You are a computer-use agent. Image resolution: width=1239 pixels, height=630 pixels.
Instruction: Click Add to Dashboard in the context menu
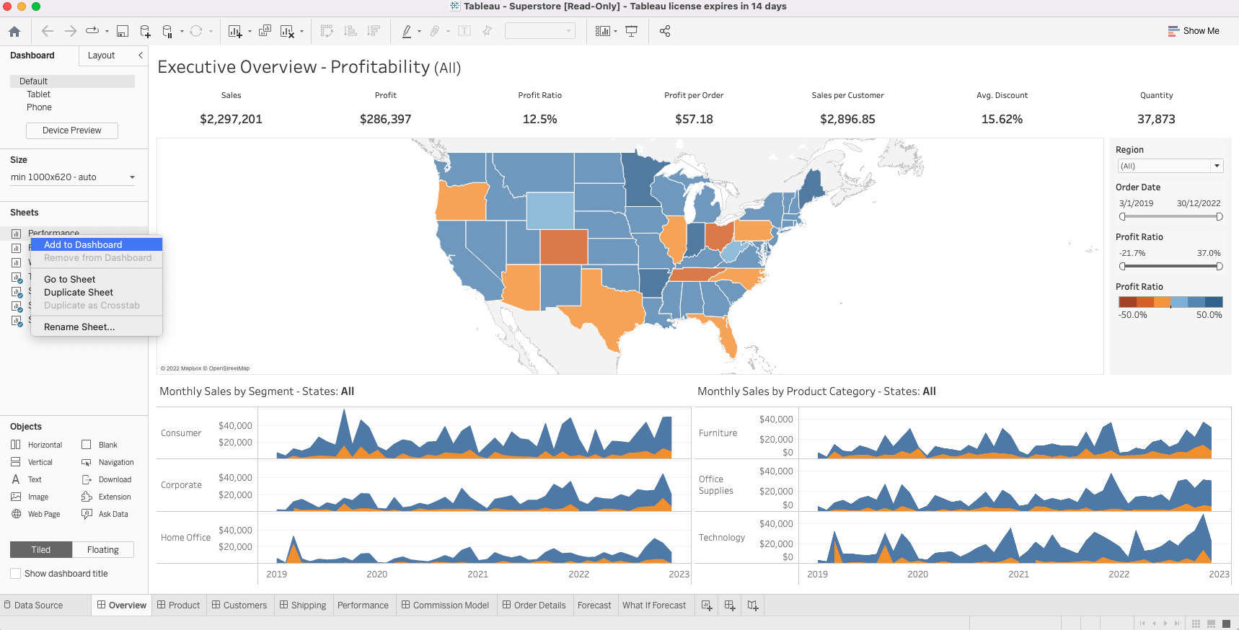pos(83,245)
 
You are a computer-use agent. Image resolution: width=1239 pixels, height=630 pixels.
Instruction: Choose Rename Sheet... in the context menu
pos(79,327)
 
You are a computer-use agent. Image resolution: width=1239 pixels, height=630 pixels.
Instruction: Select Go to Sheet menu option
pos(69,280)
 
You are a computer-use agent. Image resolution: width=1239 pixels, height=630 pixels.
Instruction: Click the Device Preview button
pos(72,130)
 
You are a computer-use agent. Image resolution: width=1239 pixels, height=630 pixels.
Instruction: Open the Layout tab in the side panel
pos(101,56)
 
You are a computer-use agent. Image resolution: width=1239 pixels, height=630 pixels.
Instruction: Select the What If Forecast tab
pos(654,605)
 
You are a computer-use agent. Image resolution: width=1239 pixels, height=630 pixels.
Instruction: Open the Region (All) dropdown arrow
pos(1217,166)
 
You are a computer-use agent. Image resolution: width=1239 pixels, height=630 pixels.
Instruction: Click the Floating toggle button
pos(103,550)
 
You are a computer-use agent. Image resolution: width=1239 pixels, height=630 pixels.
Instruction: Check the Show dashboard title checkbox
pos(16,574)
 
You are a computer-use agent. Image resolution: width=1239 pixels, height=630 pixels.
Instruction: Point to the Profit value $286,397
pos(385,120)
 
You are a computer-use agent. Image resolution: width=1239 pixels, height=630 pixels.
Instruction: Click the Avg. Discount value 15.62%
pos(1002,120)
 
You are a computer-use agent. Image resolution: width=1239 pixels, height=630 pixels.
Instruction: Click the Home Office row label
pos(185,538)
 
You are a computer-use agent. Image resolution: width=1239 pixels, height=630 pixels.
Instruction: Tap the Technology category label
pos(721,538)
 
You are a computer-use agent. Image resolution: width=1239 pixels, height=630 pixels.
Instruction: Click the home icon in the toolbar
pos(14,32)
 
